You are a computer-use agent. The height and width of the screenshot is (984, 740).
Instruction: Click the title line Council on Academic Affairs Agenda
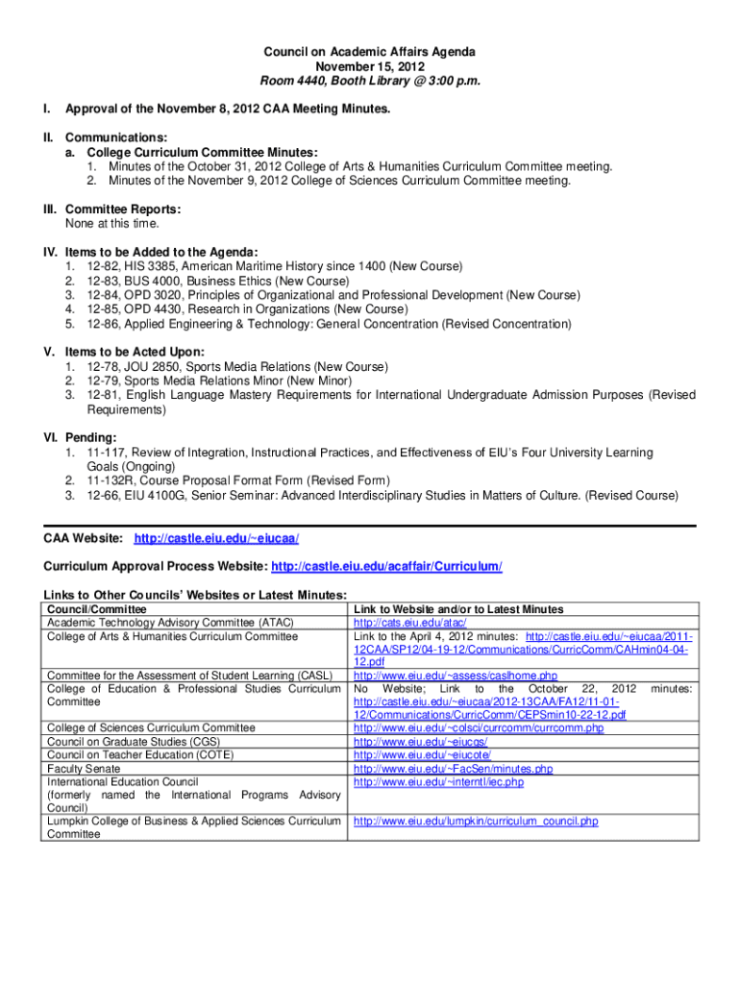coord(370,51)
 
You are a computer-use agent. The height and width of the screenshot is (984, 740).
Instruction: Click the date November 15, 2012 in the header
coord(370,66)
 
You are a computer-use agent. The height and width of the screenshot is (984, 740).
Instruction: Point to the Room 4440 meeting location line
coord(370,82)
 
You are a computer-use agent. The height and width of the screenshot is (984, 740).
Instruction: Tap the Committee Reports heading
coord(120,209)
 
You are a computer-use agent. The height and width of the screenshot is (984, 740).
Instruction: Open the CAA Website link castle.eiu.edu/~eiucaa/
coord(223,539)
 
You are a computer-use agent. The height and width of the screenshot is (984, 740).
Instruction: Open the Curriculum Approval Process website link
coord(387,567)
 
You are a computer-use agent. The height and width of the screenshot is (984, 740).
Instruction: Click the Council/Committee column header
coord(97,609)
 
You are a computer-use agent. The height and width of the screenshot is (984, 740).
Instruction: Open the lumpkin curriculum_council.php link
coord(476,822)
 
